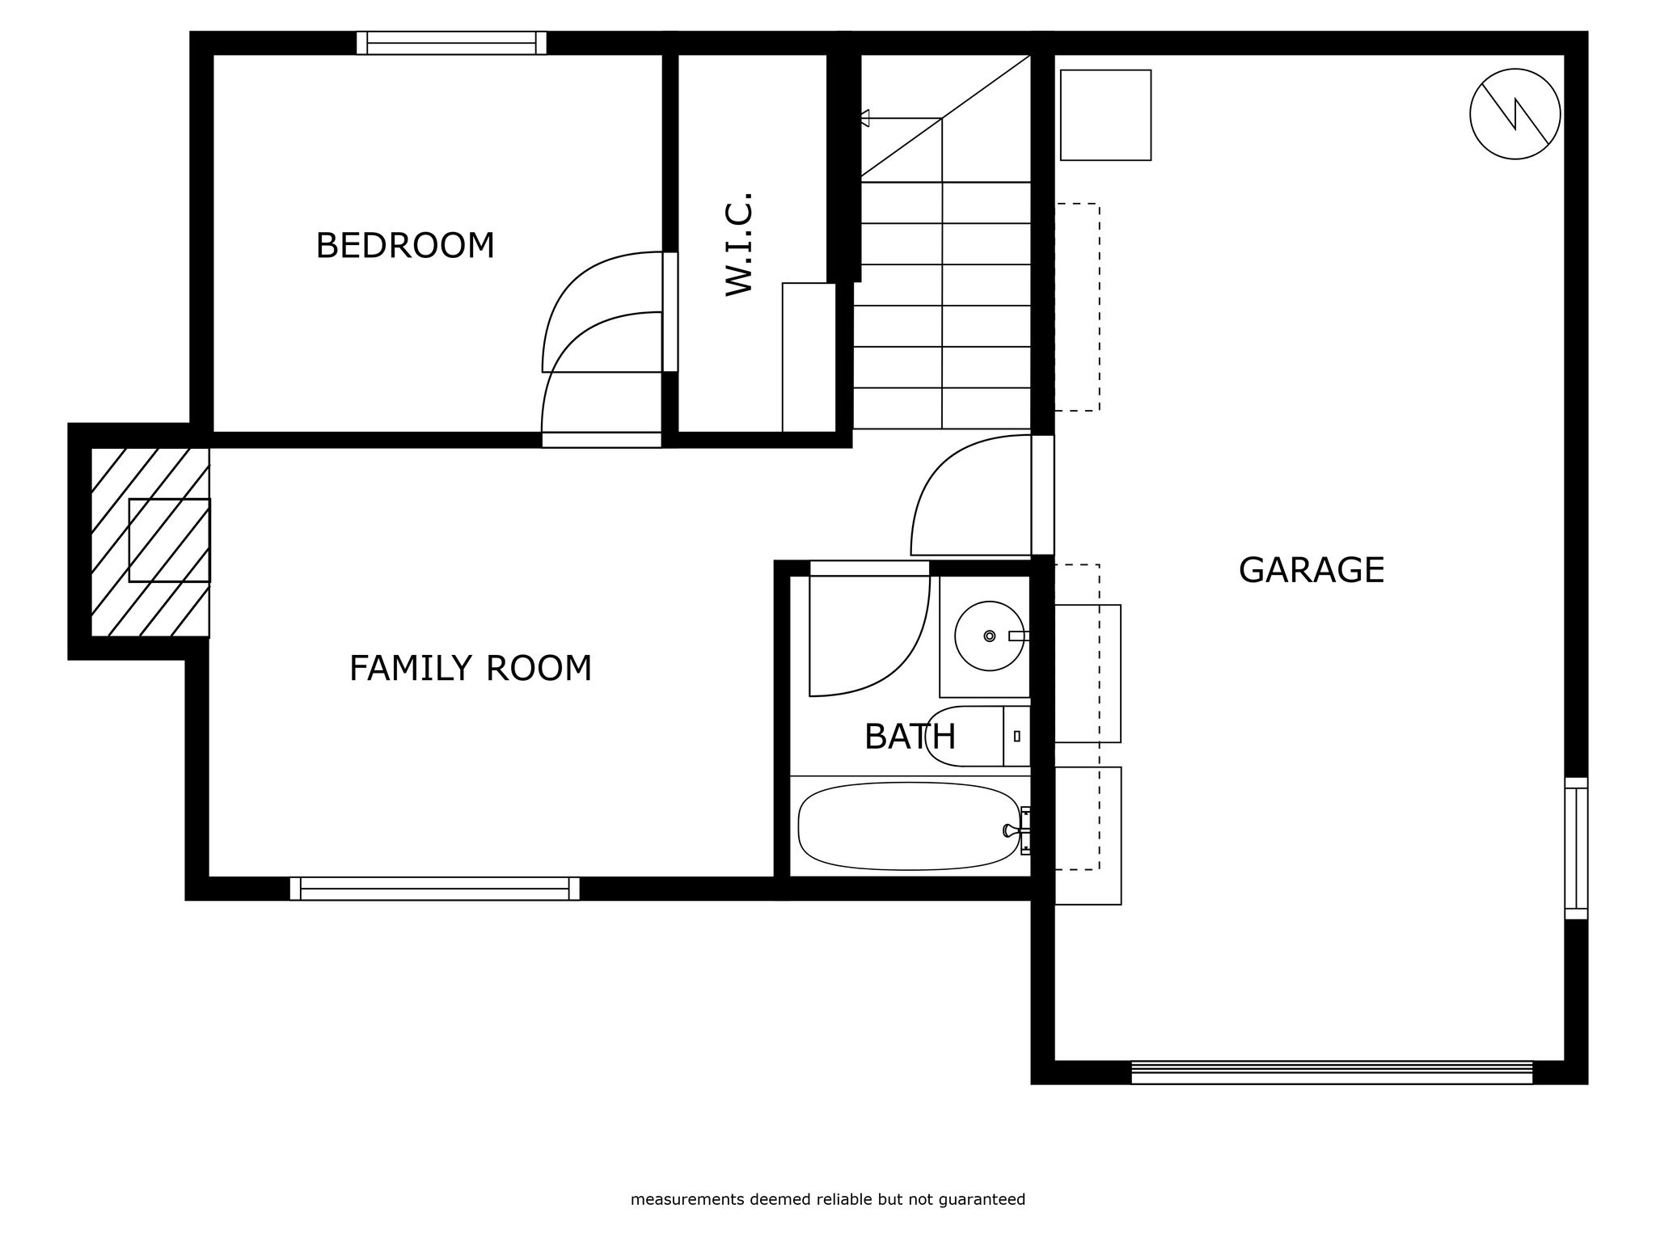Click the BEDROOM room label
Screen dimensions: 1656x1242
coord(405,246)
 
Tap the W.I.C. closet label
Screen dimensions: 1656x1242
coord(739,244)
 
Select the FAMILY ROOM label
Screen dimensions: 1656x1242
coord(471,669)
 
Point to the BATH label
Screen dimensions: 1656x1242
coord(910,737)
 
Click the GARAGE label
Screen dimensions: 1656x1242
coord(1312,570)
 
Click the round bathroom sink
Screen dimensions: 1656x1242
coord(990,636)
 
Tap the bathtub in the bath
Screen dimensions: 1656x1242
coord(910,826)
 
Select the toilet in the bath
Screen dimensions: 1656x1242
coord(978,736)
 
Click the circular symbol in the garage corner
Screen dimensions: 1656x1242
coord(1515,114)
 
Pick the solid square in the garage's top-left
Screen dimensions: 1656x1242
coord(1105,115)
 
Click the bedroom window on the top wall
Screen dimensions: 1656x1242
coord(451,43)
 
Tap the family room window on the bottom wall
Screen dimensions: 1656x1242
coord(435,889)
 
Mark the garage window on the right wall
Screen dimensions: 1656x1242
coord(1576,848)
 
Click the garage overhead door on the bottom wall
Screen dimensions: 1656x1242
coord(1332,1072)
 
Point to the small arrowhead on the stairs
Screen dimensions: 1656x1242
coord(864,118)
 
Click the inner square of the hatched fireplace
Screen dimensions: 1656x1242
coord(170,540)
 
